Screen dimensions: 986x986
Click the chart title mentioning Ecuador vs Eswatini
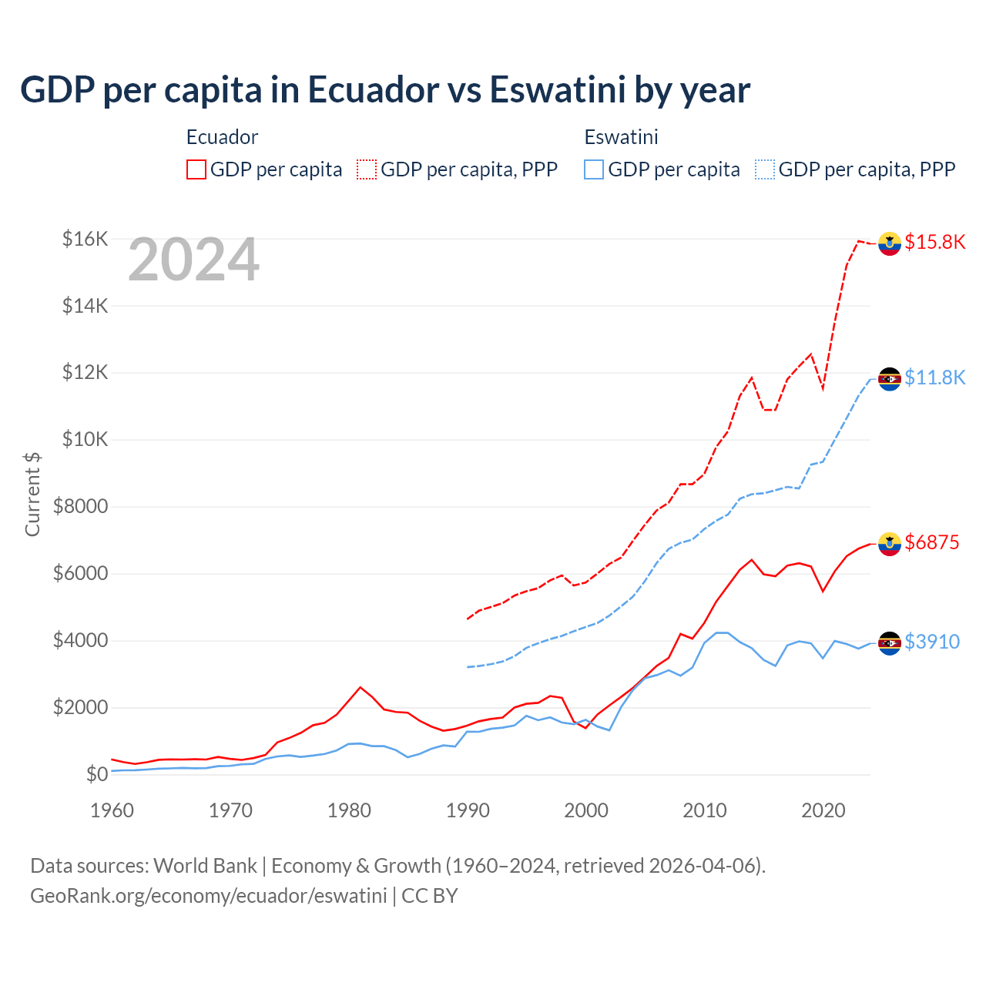point(385,90)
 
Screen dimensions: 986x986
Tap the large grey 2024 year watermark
point(193,260)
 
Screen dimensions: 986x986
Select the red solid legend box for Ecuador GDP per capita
point(196,169)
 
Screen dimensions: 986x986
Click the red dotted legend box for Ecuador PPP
point(367,169)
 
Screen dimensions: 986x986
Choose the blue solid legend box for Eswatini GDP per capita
point(594,169)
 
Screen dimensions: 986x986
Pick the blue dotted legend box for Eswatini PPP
point(765,169)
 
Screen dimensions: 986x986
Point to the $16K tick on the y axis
point(85,239)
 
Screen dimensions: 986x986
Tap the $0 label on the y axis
point(96,774)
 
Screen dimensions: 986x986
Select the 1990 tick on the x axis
point(468,810)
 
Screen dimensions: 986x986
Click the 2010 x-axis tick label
point(705,810)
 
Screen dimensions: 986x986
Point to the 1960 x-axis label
point(112,810)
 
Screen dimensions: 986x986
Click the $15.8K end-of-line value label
point(934,243)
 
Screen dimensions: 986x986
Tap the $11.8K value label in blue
point(934,377)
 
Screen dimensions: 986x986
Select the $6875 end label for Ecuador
point(932,542)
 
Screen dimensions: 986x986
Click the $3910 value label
point(932,642)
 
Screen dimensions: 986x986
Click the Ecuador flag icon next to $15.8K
point(890,243)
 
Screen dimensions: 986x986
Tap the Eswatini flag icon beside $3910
point(890,642)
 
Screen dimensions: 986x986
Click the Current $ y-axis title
point(32,494)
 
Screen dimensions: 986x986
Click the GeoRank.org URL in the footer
point(208,896)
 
